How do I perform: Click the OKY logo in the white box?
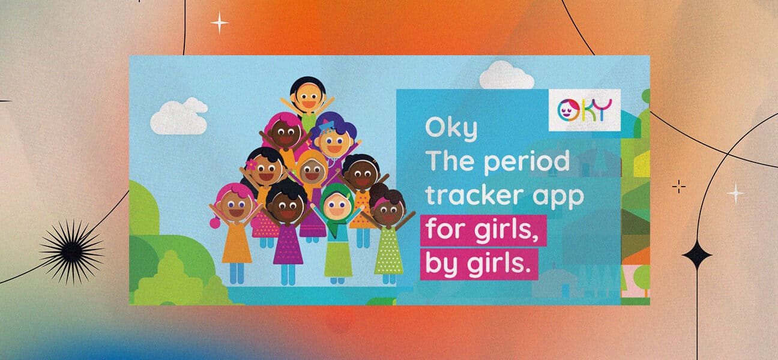coord(584,110)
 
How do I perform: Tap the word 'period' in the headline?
coord(527,162)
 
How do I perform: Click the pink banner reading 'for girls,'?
coord(483,230)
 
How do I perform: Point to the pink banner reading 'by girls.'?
coord(479,264)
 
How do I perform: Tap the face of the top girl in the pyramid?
coord(309,95)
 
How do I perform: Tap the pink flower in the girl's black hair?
coord(251,164)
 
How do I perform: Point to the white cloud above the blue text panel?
coord(507,76)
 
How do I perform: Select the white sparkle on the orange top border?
coord(220,23)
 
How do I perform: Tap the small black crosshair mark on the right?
coord(679,187)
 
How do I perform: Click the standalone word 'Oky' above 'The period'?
coord(451,129)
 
